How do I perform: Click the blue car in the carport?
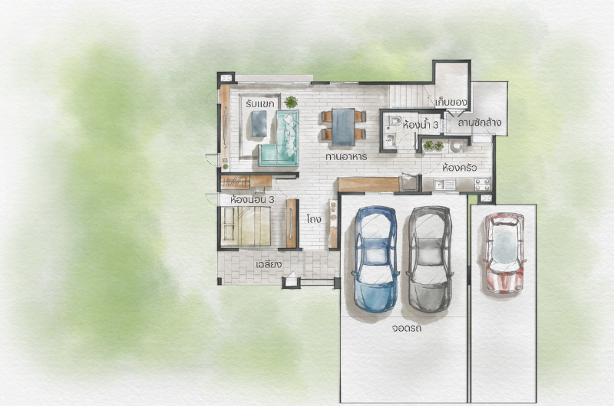376,259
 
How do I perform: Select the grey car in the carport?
430,260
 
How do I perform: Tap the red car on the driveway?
504,253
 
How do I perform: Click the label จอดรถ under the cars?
406,327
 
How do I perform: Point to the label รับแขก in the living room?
259,104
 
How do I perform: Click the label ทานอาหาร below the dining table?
346,157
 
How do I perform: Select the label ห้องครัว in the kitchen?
459,168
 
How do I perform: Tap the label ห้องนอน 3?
253,200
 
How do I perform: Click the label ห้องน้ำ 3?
420,125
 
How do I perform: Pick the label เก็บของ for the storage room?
451,103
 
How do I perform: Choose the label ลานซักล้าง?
480,122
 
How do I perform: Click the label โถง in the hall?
314,218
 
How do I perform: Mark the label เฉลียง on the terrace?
269,264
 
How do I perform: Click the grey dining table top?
343,127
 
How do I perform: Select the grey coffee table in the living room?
259,124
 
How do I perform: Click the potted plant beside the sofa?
291,102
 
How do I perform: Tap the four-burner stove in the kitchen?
483,184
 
